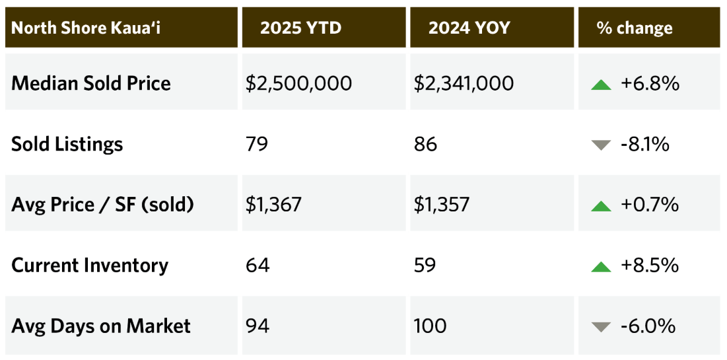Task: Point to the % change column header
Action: coord(635,28)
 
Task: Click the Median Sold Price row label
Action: coord(91,83)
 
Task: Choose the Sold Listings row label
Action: coord(67,144)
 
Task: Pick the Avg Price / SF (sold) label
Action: coord(103,205)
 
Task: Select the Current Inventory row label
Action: coord(90,266)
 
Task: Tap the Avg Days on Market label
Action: coord(101,326)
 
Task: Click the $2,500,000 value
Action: coord(298,83)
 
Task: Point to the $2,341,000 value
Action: coord(464,83)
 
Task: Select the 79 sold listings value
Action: coord(256,144)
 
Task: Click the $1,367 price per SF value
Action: coord(273,205)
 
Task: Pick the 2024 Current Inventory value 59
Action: coord(425,266)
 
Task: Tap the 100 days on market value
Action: coord(430,326)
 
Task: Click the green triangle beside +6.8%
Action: coord(601,85)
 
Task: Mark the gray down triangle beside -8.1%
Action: coord(601,145)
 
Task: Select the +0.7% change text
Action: coord(650,205)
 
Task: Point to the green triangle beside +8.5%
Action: coord(601,267)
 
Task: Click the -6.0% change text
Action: coord(648,326)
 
